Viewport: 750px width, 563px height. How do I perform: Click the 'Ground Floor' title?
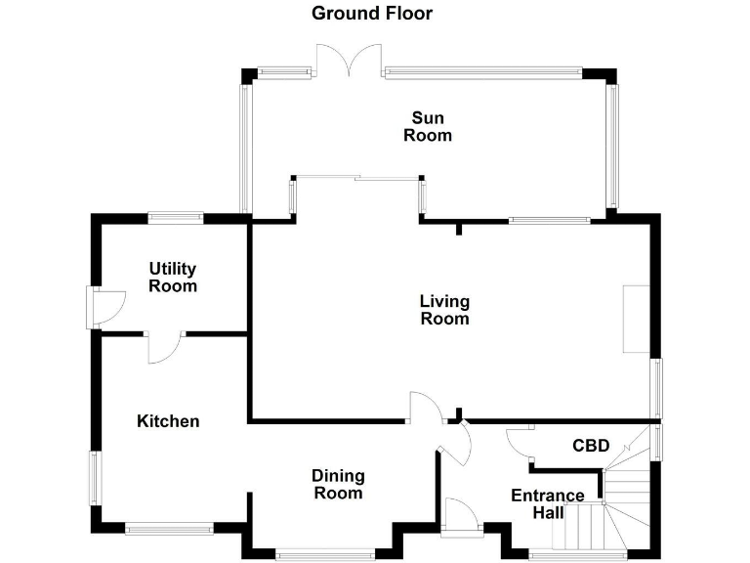coord(371,14)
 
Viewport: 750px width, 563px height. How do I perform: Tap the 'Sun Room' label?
coord(428,127)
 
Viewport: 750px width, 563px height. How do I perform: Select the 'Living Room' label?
coord(444,310)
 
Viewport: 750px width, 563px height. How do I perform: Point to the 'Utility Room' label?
coord(173,278)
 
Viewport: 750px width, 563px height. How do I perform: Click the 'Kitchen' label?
coord(168,421)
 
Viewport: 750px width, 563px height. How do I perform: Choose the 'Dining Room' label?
coord(338,484)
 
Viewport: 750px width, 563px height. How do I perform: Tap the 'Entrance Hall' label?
coord(548,504)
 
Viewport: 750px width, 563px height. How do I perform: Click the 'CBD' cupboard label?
coord(591,446)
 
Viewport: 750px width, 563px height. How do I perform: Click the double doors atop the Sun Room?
coord(348,61)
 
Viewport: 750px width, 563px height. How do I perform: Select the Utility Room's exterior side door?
coord(103,307)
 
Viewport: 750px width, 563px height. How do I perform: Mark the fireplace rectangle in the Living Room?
coord(636,319)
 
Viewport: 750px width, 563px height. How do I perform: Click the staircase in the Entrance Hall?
coord(605,508)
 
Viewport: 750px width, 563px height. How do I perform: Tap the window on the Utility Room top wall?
coord(176,218)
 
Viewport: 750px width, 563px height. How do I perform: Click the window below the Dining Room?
coord(325,554)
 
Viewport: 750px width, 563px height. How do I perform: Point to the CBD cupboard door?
coord(520,444)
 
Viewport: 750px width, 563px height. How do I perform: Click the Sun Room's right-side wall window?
coord(612,145)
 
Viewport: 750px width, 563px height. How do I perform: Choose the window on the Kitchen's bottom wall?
coord(169,529)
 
